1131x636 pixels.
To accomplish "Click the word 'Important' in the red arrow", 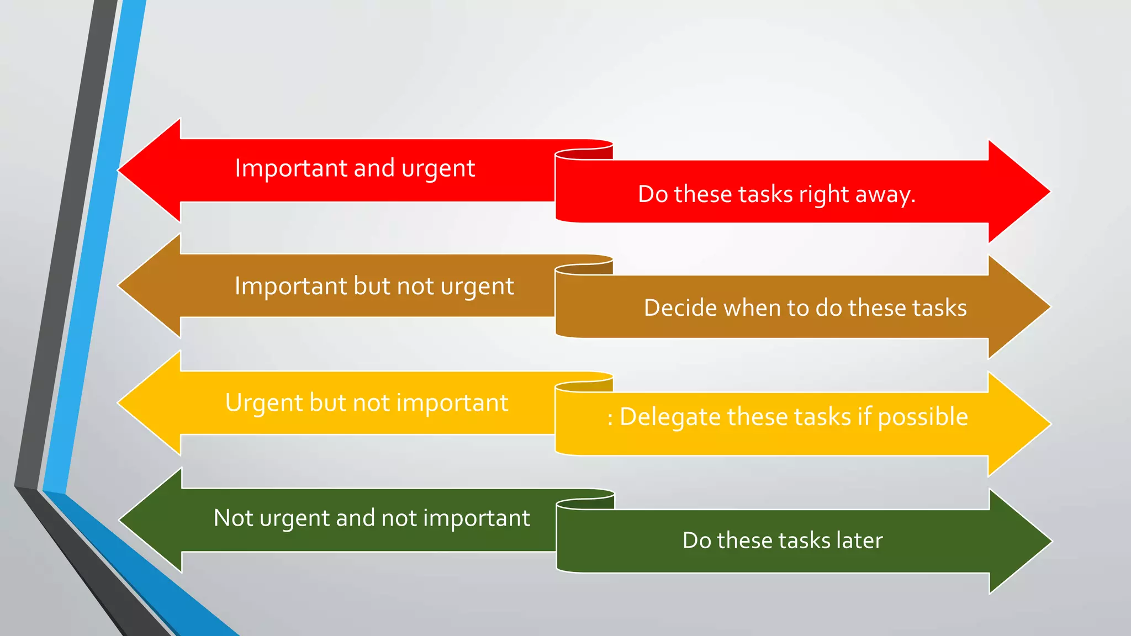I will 291,168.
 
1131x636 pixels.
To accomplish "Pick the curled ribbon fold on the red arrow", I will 584,153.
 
